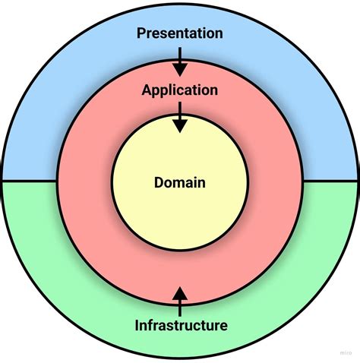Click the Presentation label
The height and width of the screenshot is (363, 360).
pos(179,33)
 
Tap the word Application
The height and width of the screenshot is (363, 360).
pos(179,90)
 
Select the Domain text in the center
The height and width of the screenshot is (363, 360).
pos(179,182)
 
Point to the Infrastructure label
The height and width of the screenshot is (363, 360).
pos(181,326)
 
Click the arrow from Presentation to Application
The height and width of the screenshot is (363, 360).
pos(179,61)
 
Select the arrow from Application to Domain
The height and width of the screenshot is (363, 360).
pos(179,118)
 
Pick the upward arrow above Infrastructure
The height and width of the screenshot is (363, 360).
pos(180,301)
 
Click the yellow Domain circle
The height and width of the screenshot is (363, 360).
pos(179,213)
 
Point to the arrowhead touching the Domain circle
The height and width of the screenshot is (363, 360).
pos(179,127)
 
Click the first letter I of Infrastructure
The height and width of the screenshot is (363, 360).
pos(137,326)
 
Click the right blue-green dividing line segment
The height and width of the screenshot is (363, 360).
pos(330,181)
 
